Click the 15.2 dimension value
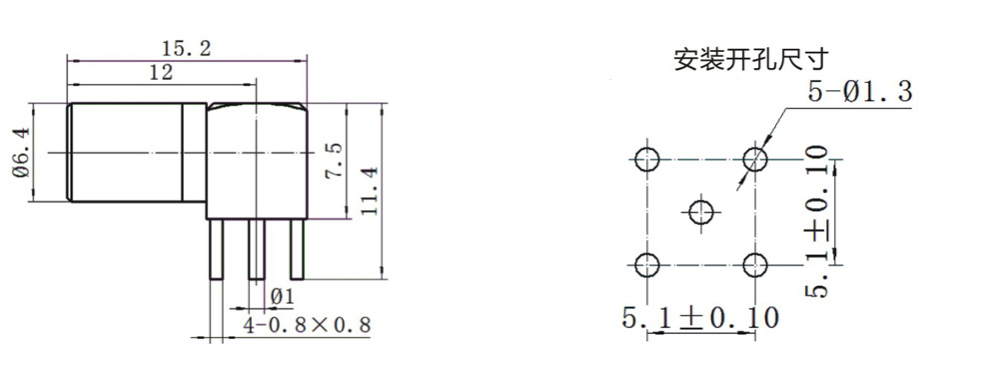click(x=186, y=49)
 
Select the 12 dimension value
click(x=161, y=73)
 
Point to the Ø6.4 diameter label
click(x=21, y=153)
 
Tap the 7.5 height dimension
click(x=334, y=160)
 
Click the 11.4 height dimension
click(x=370, y=190)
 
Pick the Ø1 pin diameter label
click(x=283, y=297)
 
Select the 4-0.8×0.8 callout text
click(x=307, y=326)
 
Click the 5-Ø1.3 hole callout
click(x=860, y=92)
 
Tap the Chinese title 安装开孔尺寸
click(x=751, y=60)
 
